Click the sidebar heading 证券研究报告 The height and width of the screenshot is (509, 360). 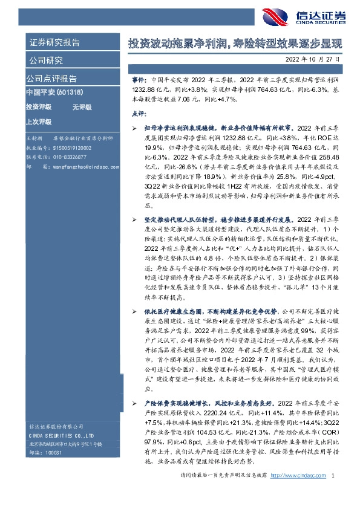pos(54,44)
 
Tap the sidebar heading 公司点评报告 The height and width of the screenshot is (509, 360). pos(51,79)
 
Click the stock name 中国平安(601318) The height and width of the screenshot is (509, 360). pos(54,92)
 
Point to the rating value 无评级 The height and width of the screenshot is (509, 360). pos(82,107)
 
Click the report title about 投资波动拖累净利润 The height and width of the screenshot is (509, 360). pos(235,44)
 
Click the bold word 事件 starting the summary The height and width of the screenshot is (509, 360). pos(139,80)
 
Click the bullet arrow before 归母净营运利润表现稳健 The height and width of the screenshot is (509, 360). pos(134,129)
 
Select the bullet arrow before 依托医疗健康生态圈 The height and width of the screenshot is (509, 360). pos(134,311)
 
